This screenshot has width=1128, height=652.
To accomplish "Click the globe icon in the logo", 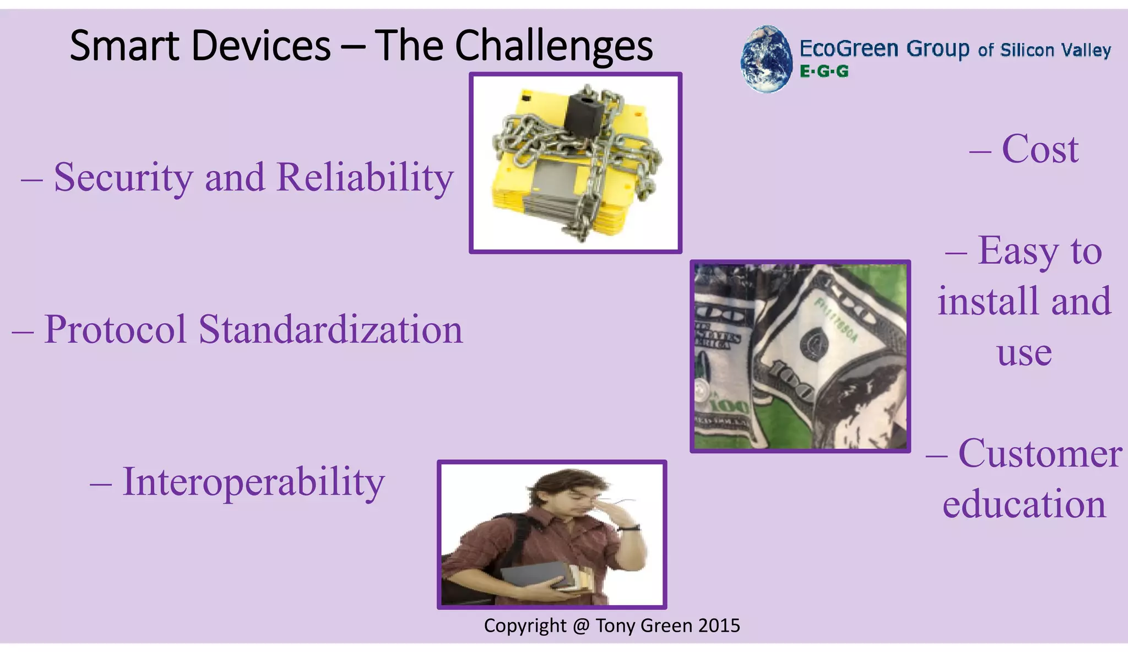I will coord(766,58).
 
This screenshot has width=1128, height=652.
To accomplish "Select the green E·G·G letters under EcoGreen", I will coord(824,72).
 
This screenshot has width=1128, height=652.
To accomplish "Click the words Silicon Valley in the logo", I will coord(1055,51).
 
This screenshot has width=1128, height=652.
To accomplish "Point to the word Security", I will coord(123,178).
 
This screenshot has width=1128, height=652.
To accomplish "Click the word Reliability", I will coord(365,178).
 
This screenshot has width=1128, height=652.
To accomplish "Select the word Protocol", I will coord(115,330).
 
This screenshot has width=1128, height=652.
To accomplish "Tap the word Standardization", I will coord(330,330).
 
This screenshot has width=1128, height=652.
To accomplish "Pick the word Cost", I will coord(1040,149).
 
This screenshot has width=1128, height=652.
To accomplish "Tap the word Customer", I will coord(1040,454).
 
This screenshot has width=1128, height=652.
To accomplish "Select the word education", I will coord(1024,504).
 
